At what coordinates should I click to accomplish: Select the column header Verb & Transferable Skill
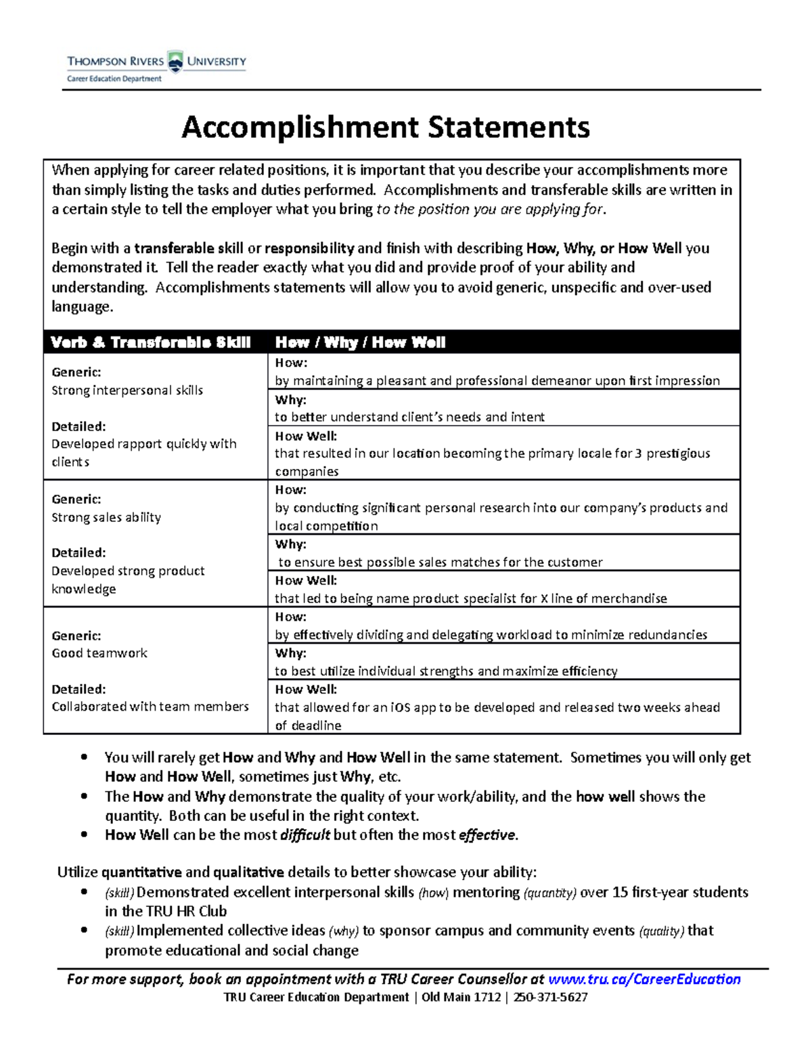tap(150, 342)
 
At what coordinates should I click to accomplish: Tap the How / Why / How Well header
tap(360, 342)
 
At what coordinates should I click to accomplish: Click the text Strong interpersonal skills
tap(127, 390)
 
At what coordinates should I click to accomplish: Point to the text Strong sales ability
tap(106, 518)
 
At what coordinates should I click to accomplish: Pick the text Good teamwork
tap(99, 653)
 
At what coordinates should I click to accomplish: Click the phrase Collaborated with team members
tap(150, 707)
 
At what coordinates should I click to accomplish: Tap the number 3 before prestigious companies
tap(638, 453)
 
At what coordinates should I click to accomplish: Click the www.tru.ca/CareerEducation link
tap(644, 979)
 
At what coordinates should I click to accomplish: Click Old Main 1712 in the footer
tap(461, 998)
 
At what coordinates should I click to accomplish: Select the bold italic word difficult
tap(304, 835)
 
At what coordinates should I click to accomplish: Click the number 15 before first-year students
tap(620, 893)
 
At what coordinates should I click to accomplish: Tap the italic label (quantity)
tap(550, 893)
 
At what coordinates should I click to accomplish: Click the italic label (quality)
tap(662, 932)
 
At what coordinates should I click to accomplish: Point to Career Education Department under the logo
tap(114, 79)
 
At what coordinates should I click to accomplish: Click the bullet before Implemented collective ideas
tap(84, 931)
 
